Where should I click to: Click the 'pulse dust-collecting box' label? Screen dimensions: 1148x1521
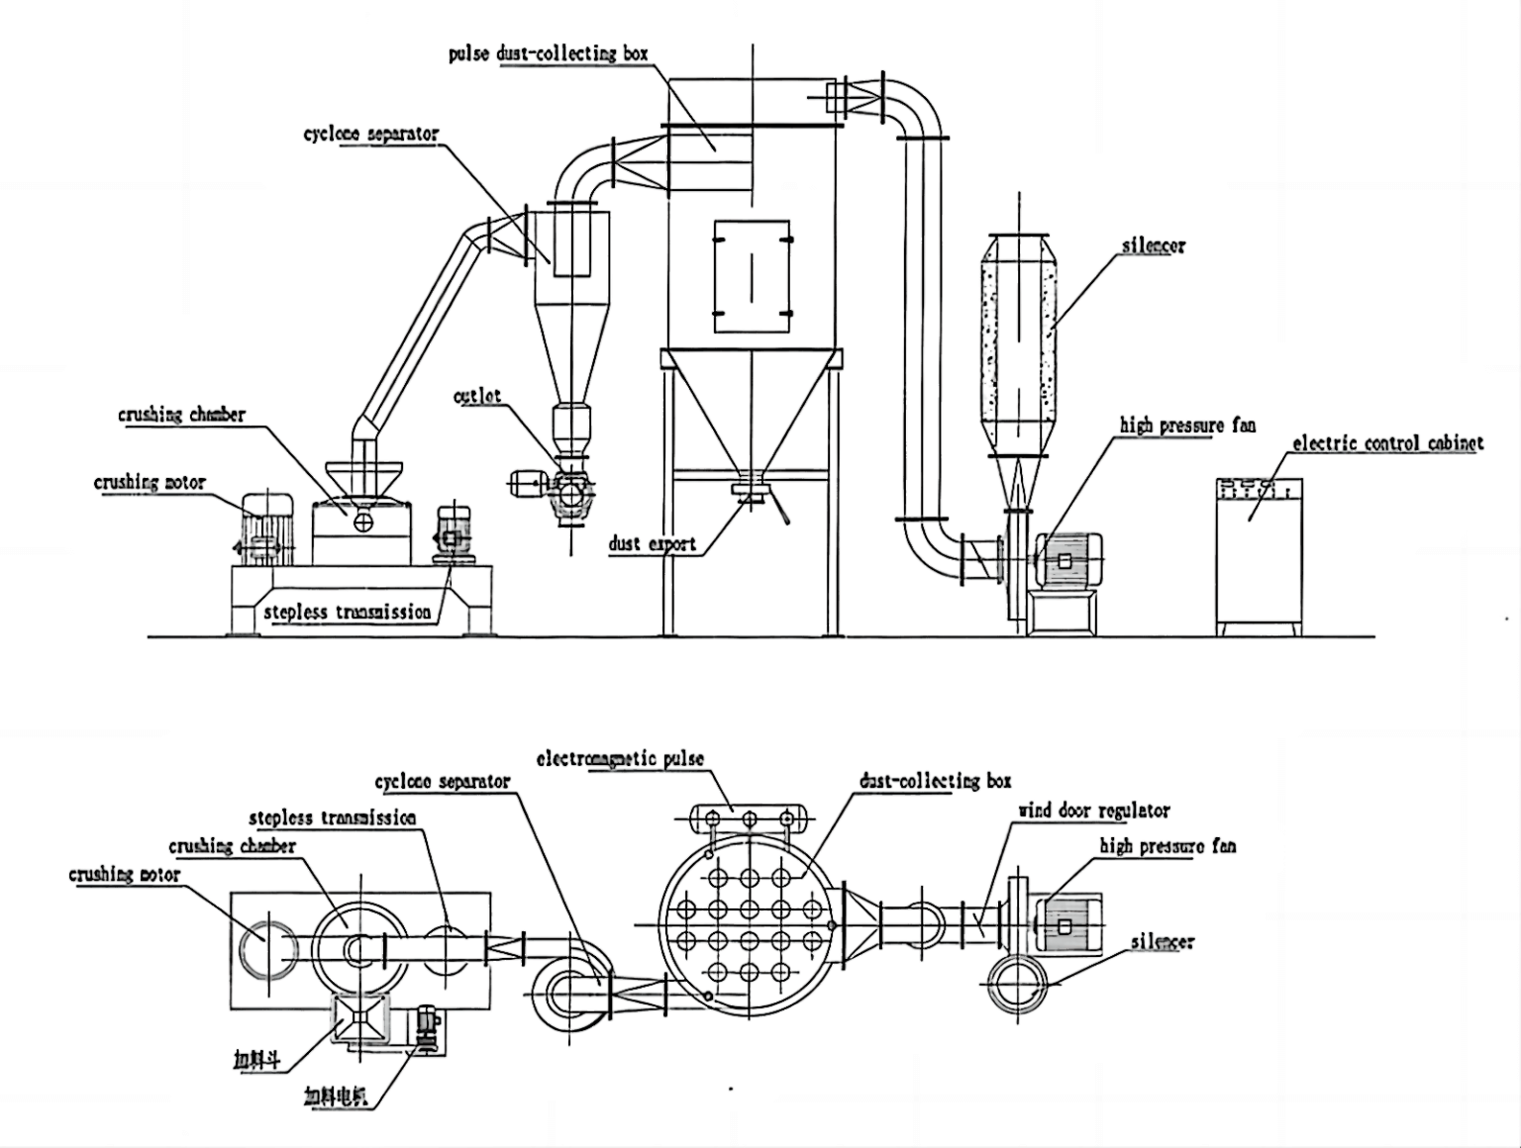(548, 53)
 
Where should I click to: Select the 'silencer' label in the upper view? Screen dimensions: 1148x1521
(1153, 245)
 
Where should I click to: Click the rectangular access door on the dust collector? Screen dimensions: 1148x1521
(752, 276)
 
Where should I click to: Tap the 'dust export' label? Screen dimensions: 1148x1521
(652, 543)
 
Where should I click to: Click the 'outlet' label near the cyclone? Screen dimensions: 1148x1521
(477, 396)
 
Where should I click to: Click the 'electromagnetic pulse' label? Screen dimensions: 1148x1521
(620, 759)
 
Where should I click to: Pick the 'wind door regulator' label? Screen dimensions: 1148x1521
(1094, 811)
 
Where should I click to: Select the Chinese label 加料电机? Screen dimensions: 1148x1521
(336, 1096)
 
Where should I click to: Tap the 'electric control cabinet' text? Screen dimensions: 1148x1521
(1387, 443)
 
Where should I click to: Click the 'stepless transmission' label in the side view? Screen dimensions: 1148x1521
(347, 613)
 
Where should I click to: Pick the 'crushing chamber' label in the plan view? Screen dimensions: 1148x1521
(232, 846)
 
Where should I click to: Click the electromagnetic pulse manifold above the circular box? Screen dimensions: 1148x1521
(750, 818)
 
